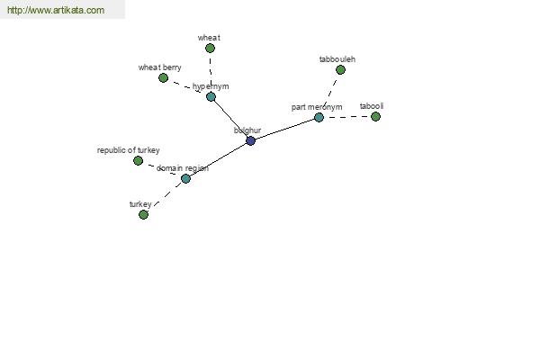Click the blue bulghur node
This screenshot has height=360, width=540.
click(251, 140)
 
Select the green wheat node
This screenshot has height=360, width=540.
click(210, 49)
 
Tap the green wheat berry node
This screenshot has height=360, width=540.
click(163, 78)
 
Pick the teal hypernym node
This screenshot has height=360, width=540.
click(211, 97)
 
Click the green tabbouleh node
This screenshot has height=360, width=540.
click(340, 70)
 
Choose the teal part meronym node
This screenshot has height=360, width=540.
click(319, 118)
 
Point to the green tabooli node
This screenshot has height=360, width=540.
click(375, 117)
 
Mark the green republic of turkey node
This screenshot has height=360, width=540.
click(138, 160)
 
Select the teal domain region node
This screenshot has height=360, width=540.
click(185, 178)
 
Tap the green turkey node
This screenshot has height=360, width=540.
click(144, 214)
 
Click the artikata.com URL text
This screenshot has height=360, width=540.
click(56, 10)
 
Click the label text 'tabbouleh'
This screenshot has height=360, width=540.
click(337, 59)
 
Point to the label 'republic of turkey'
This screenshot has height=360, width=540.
click(129, 150)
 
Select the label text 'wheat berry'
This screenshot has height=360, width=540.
click(160, 67)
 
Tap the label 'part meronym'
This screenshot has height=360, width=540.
click(317, 107)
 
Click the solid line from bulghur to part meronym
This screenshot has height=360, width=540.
click(284, 130)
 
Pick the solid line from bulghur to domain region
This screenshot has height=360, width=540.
click(219, 159)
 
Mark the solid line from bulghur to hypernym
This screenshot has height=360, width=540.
click(230, 119)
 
